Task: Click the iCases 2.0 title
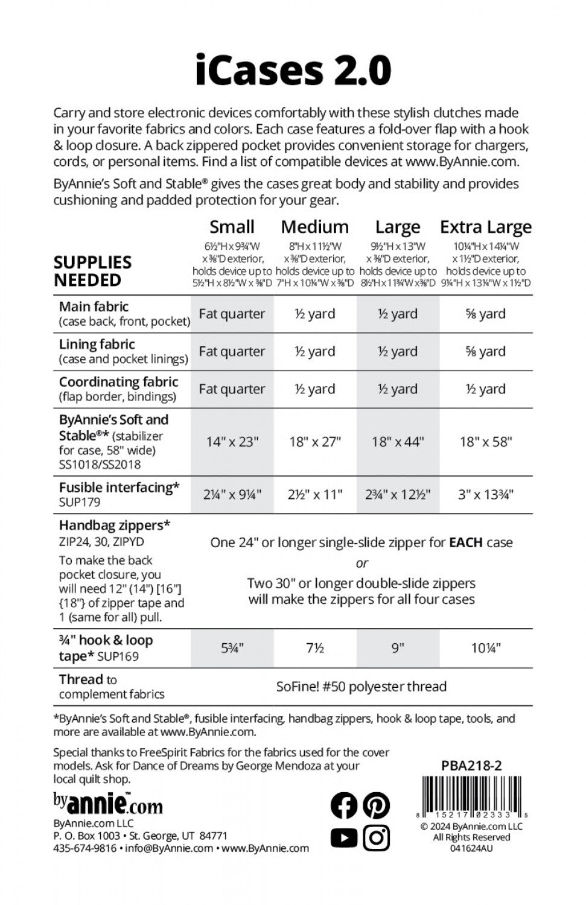coord(293,71)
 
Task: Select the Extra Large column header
coord(485,227)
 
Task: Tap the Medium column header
coord(314,227)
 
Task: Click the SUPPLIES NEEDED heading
coord(92,271)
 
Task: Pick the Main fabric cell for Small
coord(232,314)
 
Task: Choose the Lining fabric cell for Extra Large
coord(485,351)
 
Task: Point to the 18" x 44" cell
coord(398,442)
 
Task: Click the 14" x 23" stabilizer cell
coord(232,442)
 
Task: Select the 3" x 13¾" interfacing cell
coord(485,495)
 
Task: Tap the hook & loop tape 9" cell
coord(398,648)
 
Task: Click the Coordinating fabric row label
coord(118,382)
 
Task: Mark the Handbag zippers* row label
coord(114,526)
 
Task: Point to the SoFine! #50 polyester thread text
coord(361,686)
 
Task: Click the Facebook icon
coord(344,805)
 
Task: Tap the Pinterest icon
coord(377,805)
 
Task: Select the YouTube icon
coord(344,837)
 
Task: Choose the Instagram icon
coord(377,837)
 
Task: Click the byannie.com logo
coord(108,803)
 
